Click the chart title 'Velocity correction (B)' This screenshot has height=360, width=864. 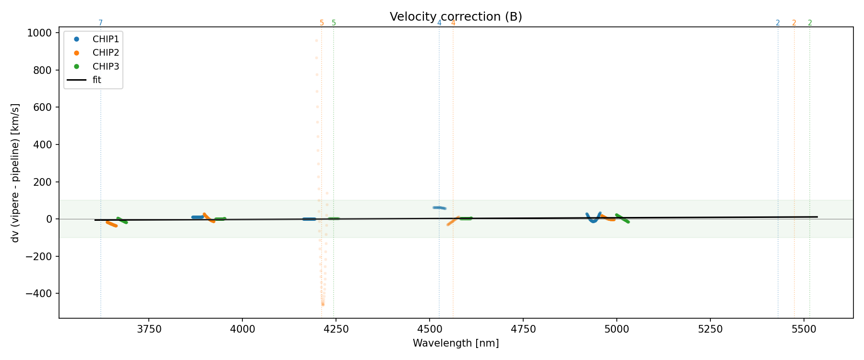[456, 17]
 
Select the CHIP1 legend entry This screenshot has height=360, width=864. [106, 39]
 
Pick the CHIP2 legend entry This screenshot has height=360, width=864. [106, 53]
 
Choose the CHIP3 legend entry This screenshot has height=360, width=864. [106, 66]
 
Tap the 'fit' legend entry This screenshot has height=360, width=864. [97, 80]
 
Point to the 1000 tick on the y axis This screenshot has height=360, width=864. [42, 33]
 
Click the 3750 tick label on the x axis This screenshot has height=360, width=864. [149, 329]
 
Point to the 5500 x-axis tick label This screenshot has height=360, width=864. [804, 329]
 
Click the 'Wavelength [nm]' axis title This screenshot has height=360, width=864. [456, 343]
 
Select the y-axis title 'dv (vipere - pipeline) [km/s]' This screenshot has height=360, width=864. [15, 172]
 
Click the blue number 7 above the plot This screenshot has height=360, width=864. [100, 23]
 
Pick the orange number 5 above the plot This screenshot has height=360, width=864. [322, 23]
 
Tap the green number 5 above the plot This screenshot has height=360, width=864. [334, 23]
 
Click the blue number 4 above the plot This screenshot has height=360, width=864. [439, 23]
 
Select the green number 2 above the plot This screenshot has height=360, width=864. [810, 23]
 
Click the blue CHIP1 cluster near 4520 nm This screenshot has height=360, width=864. [439, 208]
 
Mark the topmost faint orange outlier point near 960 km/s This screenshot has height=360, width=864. [316, 41]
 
